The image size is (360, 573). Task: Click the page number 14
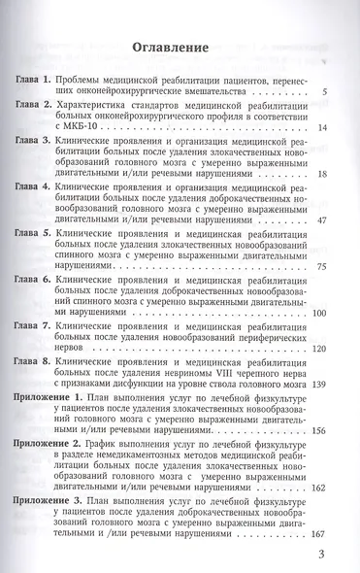point(334,128)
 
